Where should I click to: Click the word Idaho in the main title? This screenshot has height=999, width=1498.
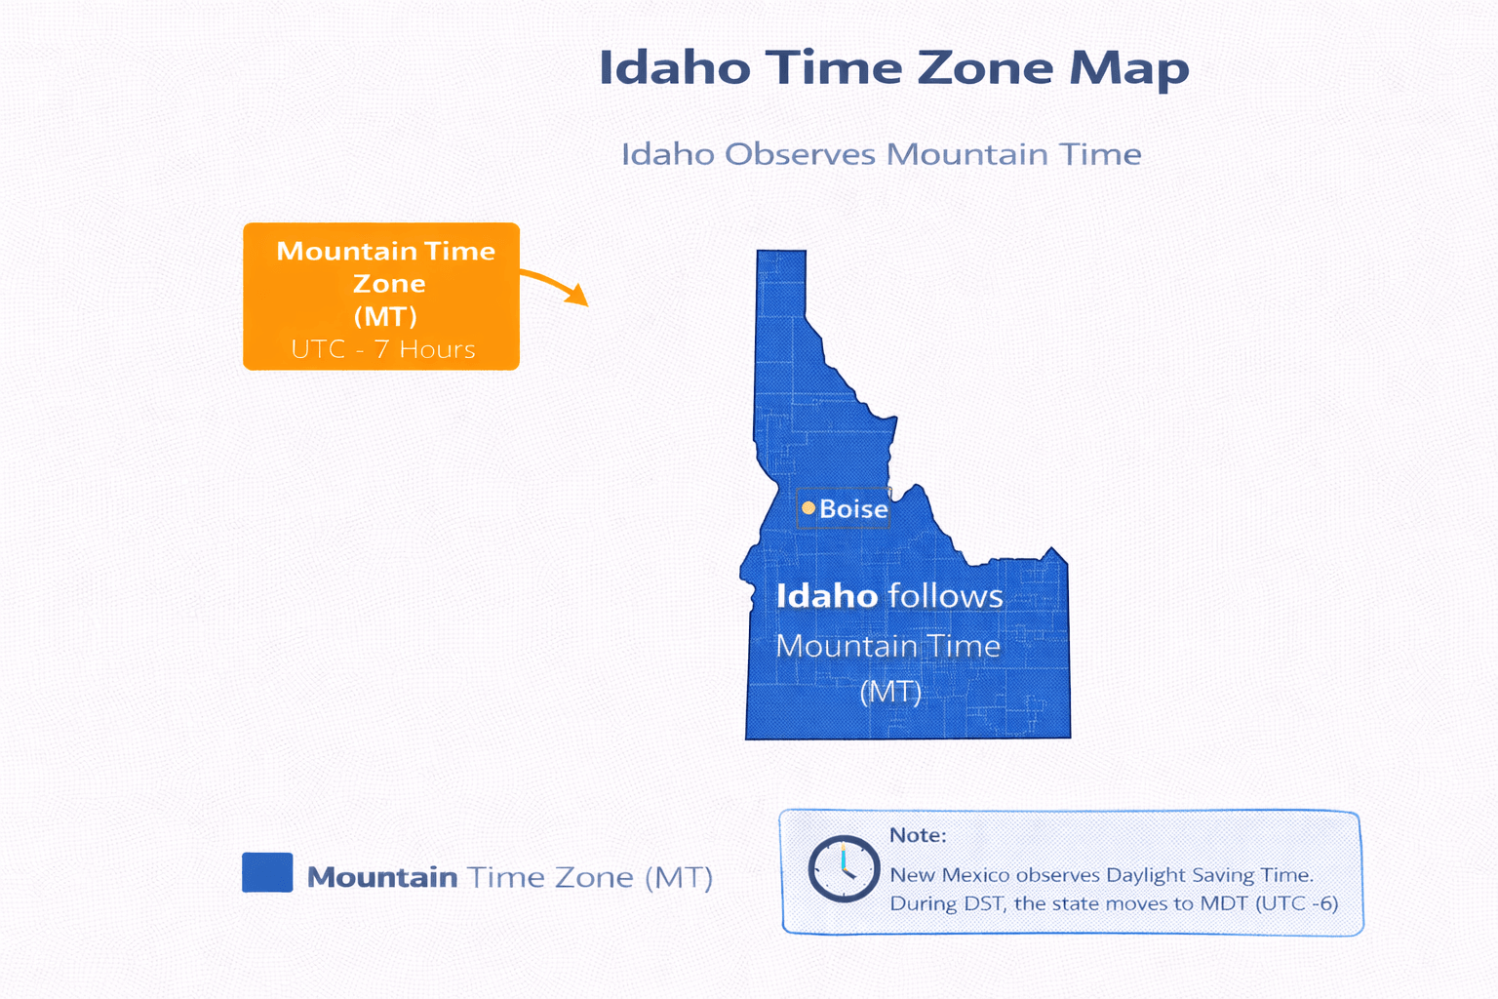[675, 68]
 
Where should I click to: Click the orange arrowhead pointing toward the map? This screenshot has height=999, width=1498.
[578, 295]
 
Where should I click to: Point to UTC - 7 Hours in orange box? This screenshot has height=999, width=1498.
[382, 349]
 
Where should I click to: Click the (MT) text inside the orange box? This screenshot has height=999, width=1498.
[385, 316]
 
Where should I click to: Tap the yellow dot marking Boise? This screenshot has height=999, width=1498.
[808, 507]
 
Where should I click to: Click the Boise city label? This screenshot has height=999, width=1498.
[853, 508]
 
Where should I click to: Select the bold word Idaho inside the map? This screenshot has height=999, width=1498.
[826, 596]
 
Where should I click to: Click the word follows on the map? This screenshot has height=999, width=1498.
[945, 596]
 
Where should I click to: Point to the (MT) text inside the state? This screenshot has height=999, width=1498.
[890, 692]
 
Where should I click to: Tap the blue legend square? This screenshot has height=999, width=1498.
[267, 872]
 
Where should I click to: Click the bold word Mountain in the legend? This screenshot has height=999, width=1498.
[381, 877]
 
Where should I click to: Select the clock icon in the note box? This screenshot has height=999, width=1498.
[844, 868]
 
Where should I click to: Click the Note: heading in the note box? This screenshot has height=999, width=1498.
[917, 835]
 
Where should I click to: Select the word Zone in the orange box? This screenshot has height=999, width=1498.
[389, 284]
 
